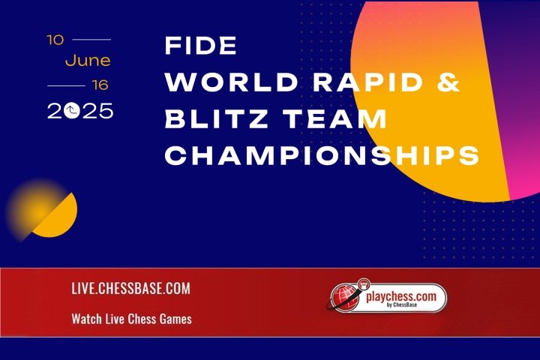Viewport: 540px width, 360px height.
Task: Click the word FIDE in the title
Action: (x=201, y=46)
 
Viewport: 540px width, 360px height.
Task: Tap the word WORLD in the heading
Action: (x=232, y=82)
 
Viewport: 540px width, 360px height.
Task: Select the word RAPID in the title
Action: (x=367, y=82)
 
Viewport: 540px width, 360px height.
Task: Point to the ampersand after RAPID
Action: (x=448, y=82)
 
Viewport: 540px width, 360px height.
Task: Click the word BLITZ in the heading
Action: (x=217, y=118)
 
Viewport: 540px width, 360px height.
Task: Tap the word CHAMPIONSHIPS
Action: (x=322, y=155)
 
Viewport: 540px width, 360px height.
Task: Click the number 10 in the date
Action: (x=55, y=40)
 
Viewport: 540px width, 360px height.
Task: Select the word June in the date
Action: (x=88, y=61)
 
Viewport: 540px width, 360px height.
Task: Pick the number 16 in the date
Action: (x=100, y=85)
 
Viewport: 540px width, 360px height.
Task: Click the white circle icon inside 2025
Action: (x=72, y=111)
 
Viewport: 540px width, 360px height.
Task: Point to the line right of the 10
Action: (x=91, y=40)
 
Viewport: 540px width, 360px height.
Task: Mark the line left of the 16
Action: (x=66, y=85)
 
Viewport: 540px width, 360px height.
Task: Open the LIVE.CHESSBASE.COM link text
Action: (x=130, y=289)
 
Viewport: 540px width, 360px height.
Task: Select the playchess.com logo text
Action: (x=400, y=296)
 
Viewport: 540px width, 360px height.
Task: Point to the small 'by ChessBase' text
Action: (x=402, y=305)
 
